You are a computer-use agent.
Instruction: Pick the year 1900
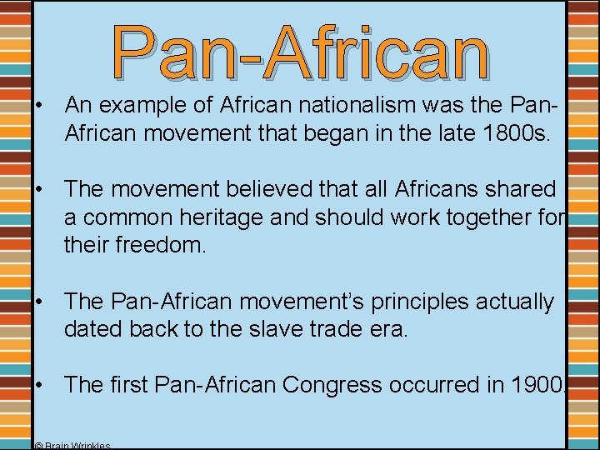pos(532,385)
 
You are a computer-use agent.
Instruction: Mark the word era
pos(391,328)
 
